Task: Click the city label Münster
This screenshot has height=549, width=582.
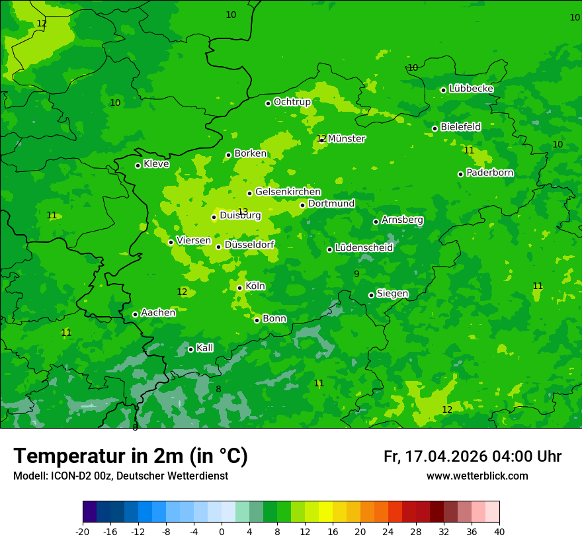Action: pyautogui.click(x=346, y=139)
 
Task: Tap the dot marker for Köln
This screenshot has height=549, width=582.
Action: pyautogui.click(x=239, y=288)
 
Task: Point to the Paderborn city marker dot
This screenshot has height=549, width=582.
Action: pyautogui.click(x=460, y=174)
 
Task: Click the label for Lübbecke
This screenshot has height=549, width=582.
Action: pyautogui.click(x=471, y=89)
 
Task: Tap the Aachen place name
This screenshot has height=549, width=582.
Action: pyautogui.click(x=158, y=312)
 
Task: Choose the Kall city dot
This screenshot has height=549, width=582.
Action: pyautogui.click(x=190, y=349)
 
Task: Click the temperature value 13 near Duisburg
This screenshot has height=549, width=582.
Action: pyautogui.click(x=243, y=212)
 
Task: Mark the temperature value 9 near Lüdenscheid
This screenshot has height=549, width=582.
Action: pyautogui.click(x=356, y=274)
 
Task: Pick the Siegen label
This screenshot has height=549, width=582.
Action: pyautogui.click(x=392, y=294)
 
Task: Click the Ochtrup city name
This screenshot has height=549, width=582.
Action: pyautogui.click(x=292, y=102)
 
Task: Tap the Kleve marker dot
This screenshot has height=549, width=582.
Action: pyautogui.click(x=138, y=165)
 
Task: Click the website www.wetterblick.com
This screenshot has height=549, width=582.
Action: pyautogui.click(x=477, y=476)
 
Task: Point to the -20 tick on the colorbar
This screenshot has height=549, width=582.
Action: pyautogui.click(x=83, y=531)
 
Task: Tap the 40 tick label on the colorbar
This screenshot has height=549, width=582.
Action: pyautogui.click(x=499, y=531)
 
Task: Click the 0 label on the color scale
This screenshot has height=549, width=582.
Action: pyautogui.click(x=222, y=531)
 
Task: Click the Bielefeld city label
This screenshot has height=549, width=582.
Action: pyautogui.click(x=460, y=126)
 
